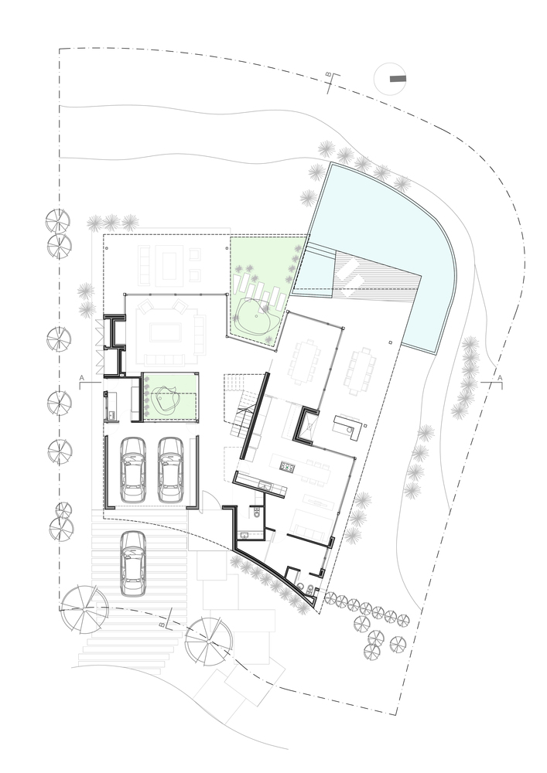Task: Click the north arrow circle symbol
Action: coord(390,78)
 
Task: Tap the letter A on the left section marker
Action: coord(82,378)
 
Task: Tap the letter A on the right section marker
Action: coord(500,378)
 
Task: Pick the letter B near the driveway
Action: coord(162,624)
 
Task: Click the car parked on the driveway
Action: coord(132,564)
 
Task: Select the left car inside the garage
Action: coord(132,470)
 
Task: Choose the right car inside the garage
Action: coord(171,470)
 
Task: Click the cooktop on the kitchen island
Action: coord(287,465)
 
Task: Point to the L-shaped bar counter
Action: coord(347,427)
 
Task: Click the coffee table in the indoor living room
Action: coord(166,332)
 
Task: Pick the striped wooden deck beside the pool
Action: coord(376,275)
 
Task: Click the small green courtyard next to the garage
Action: coord(171,397)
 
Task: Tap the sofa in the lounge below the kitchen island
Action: coord(309,526)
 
